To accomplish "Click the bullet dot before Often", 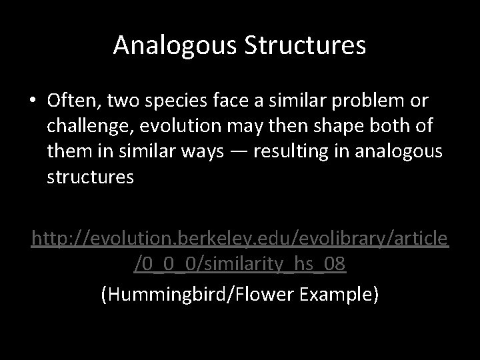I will (x=33, y=102).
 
